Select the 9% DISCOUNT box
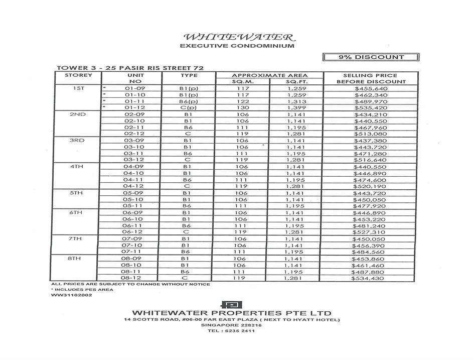pos(371,57)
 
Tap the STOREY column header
pos(78,75)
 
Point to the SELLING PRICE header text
pos(371,75)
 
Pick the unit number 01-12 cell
pos(135,108)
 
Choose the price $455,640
pos(371,89)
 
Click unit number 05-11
pos(135,206)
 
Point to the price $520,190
pos(371,186)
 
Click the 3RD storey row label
pos(78,141)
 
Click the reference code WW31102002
pos(69,295)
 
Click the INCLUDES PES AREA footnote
pos(83,290)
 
